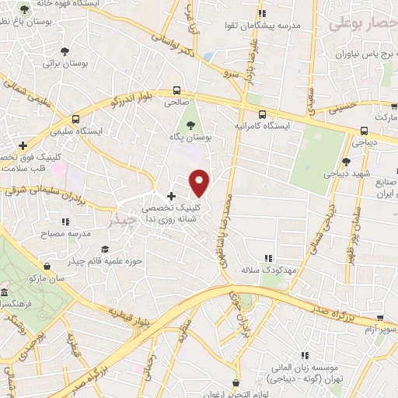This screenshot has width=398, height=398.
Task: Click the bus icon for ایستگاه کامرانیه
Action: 262,113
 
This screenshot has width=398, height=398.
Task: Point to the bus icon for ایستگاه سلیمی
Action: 75,119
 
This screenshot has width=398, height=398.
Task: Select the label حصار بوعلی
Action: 362,23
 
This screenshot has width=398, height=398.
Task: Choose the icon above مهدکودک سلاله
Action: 268,257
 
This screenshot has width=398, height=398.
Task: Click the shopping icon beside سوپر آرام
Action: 381,318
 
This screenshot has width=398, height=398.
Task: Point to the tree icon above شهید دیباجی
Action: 346,161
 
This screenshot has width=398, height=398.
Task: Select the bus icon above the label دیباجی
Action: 362,131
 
